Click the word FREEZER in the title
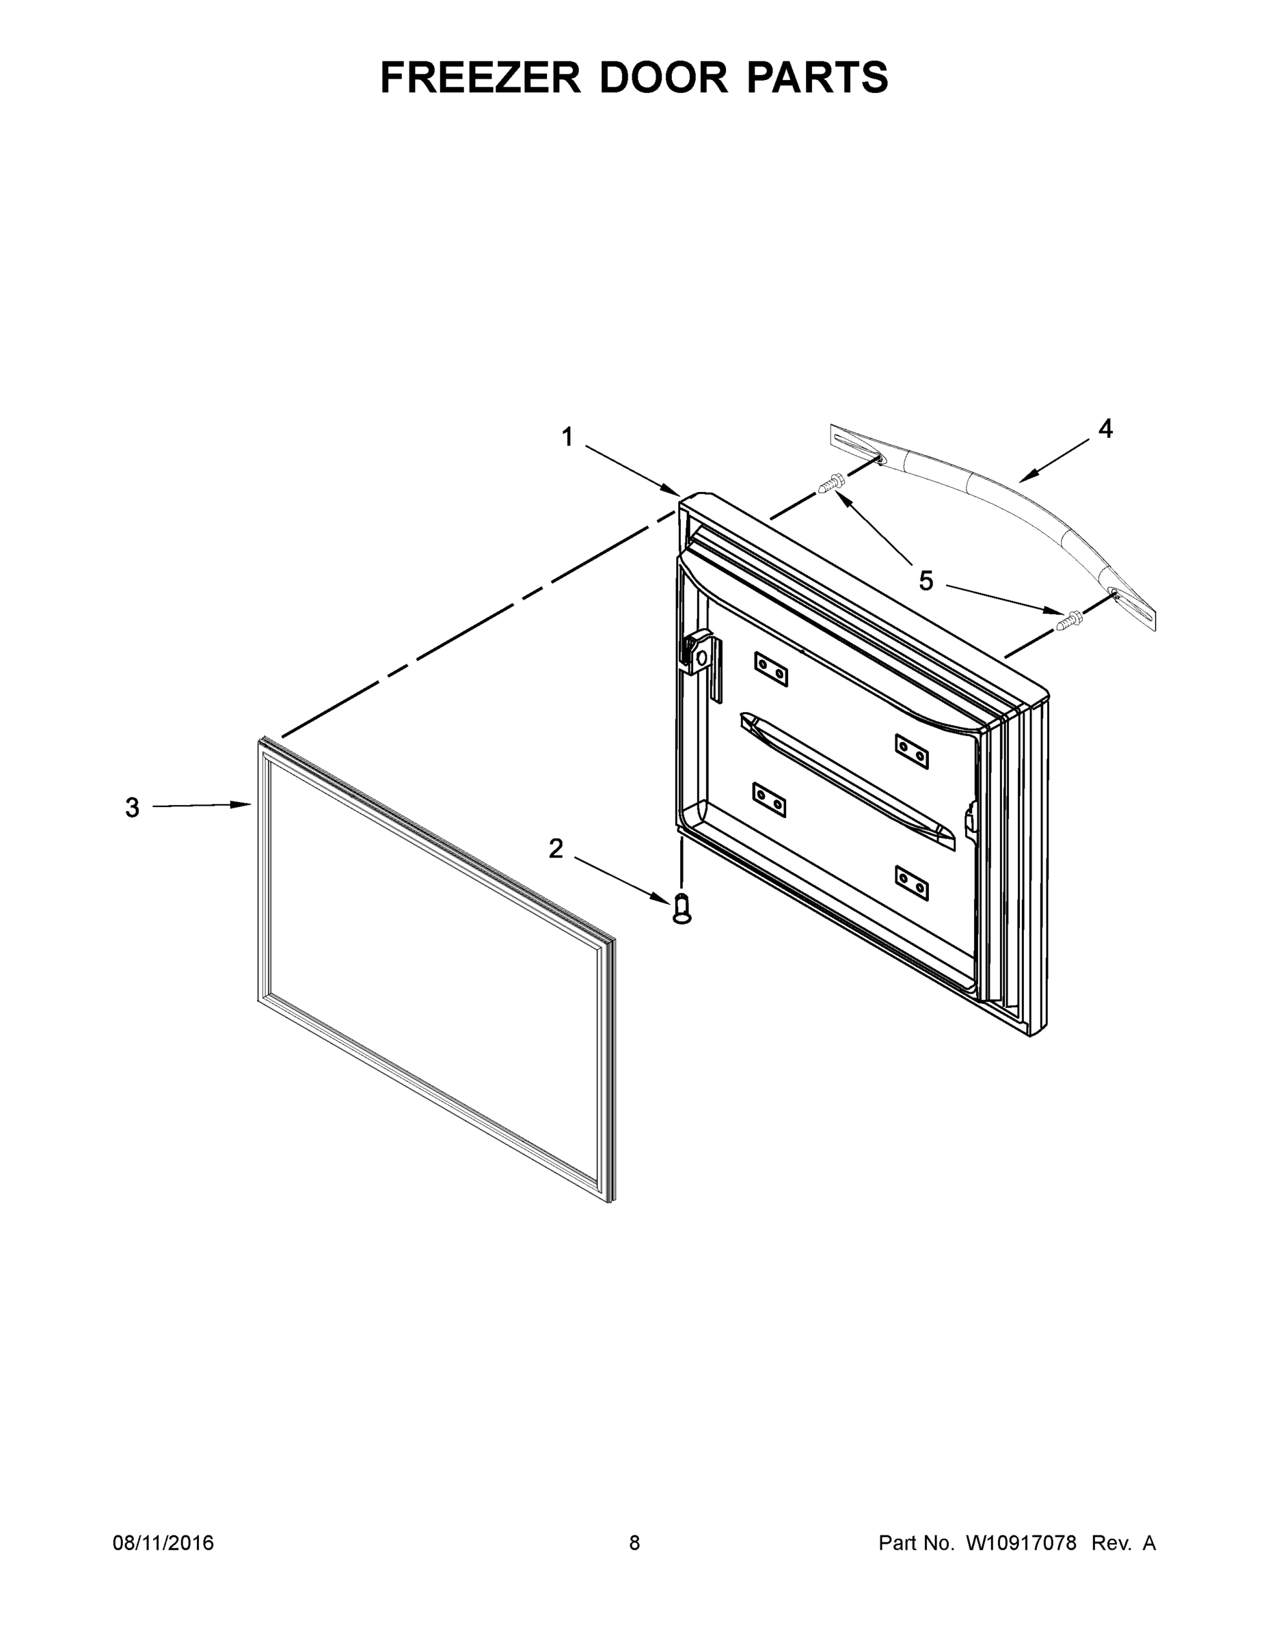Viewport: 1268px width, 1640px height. (480, 77)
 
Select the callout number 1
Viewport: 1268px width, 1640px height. (567, 436)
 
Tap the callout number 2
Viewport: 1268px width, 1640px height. (556, 849)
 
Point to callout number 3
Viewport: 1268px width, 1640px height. (132, 808)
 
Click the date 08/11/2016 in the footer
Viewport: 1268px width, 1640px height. (163, 1542)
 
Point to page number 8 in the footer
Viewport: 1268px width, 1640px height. (635, 1542)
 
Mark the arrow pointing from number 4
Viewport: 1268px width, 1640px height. (1057, 458)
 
